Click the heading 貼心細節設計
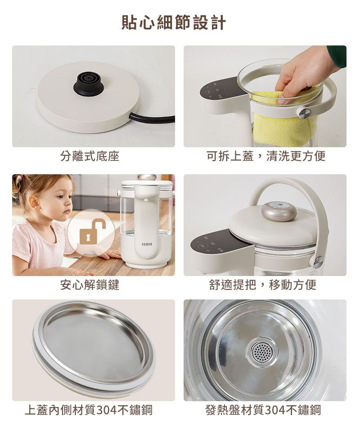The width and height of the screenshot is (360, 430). click(x=174, y=23)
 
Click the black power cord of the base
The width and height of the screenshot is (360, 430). click(x=153, y=118)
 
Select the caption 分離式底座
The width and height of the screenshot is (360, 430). click(x=90, y=156)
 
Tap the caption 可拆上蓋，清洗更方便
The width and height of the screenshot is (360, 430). click(x=266, y=156)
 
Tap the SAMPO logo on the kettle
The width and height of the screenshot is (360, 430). click(x=147, y=244)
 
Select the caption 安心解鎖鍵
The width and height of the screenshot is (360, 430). click(x=90, y=285)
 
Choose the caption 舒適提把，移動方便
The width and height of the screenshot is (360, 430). click(x=263, y=285)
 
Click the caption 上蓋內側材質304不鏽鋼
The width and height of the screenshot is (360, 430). click(x=89, y=410)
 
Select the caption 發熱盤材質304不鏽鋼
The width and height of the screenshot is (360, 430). click(x=263, y=410)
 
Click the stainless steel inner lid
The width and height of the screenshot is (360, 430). click(x=93, y=345)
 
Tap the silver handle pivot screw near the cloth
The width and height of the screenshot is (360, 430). click(x=304, y=113)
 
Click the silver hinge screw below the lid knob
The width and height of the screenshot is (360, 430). click(x=318, y=262)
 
